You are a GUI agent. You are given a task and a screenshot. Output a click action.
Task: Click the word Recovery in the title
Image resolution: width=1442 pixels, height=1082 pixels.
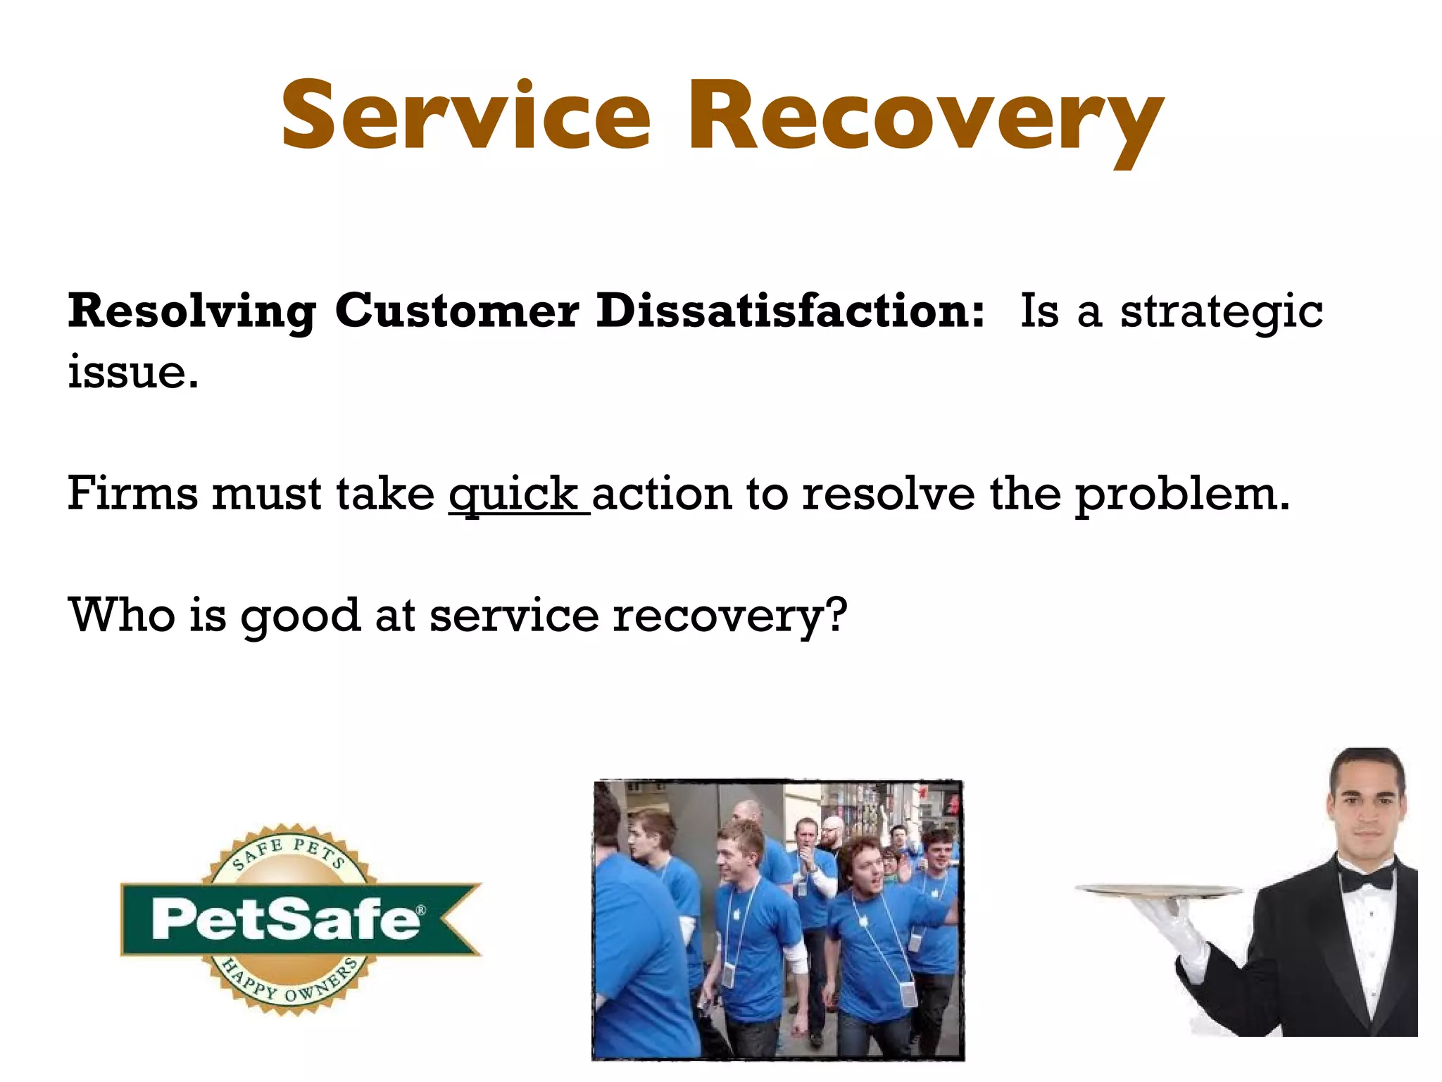point(924,120)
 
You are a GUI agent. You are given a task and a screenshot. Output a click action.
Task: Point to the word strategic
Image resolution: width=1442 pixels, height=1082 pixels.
point(1221,312)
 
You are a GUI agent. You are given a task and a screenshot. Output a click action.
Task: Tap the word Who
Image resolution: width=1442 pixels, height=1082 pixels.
point(121,615)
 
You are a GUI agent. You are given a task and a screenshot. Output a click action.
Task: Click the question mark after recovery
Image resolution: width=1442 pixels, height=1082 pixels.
point(836,615)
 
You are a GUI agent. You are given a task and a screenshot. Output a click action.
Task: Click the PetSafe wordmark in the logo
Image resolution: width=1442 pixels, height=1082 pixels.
point(285,919)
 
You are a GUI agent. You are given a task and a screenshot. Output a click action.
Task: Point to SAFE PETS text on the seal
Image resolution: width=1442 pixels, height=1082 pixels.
point(289,851)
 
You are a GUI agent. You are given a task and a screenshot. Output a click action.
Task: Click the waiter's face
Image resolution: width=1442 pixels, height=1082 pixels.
point(1365,810)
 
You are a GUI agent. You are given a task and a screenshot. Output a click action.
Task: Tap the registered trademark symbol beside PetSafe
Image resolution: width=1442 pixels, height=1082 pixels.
point(420,910)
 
